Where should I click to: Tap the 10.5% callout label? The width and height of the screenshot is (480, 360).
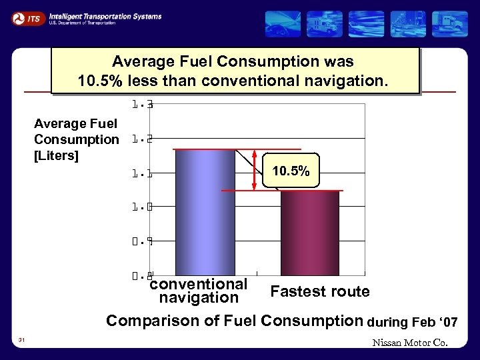(x=291, y=171)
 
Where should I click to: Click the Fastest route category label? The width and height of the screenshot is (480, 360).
(x=320, y=291)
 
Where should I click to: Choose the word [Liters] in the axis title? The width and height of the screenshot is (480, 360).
(x=57, y=156)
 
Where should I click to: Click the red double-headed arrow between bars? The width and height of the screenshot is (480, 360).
(x=255, y=170)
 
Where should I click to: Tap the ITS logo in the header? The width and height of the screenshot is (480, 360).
(x=27, y=19)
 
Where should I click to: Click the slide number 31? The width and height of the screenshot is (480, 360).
(x=22, y=341)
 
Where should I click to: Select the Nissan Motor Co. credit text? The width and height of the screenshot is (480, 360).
(x=411, y=343)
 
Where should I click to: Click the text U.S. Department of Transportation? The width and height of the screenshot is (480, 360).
(x=82, y=23)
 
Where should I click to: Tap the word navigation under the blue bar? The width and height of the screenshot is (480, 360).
(x=199, y=297)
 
